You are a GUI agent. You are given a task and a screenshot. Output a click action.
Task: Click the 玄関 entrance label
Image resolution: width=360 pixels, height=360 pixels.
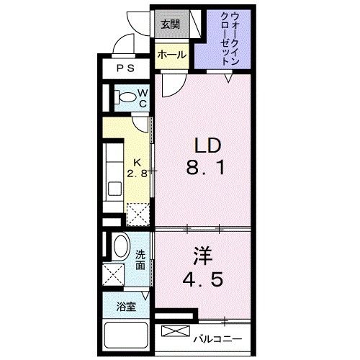coord(170,24)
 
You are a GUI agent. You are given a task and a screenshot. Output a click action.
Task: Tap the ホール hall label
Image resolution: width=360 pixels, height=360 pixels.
coord(172,55)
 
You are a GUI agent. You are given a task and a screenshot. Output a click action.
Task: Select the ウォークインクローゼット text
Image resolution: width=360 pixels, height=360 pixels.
coord(230,39)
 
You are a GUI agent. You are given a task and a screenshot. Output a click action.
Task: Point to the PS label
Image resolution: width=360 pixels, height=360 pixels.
coord(126,68)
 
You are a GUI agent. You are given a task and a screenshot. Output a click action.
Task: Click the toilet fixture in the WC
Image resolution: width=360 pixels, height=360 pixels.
coord(126,97)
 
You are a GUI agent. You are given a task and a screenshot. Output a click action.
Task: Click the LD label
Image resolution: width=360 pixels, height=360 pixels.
coord(207,146)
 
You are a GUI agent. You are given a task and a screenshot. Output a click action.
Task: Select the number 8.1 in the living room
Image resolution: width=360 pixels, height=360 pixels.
coord(205,167)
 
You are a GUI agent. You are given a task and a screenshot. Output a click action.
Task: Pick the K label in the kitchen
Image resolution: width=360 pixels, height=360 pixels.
coord(137,163)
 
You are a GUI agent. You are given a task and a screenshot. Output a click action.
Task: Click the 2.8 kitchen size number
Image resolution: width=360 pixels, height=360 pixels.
coord(137,174)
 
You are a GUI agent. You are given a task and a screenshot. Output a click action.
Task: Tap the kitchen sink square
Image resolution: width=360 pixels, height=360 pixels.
coord(114,189)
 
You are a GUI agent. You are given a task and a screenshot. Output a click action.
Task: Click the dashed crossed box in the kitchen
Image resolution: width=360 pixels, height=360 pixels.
coord(138,215)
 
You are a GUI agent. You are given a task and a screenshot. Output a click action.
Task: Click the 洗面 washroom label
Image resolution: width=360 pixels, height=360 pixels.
coord(140,259)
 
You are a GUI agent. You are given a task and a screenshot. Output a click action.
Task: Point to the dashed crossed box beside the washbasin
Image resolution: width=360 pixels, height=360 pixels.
coord(113,274)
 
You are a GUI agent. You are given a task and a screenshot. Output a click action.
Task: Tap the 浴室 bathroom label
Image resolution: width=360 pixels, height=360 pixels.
coord(126,307)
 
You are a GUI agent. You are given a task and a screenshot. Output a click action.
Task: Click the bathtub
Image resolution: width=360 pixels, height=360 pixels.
coord(126,335)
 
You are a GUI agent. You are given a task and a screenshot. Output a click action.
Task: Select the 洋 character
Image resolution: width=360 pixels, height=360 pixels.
coord(203,256)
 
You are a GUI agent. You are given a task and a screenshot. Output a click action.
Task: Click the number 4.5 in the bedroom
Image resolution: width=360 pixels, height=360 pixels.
coord(203,279)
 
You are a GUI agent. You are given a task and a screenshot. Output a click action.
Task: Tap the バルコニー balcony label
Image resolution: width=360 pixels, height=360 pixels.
coord(218,339)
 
